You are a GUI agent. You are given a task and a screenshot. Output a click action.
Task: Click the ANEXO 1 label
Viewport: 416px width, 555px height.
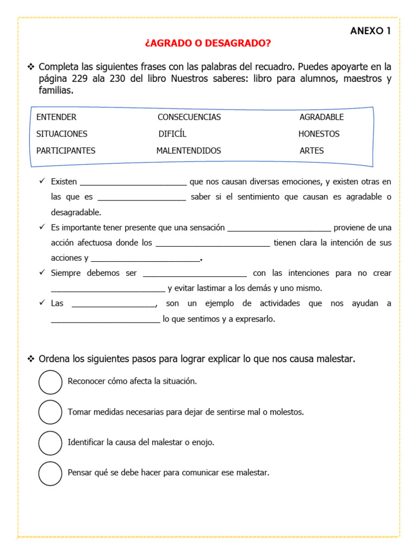[x=370, y=31]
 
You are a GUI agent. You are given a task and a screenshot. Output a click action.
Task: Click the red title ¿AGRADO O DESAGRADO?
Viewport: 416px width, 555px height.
[x=208, y=43]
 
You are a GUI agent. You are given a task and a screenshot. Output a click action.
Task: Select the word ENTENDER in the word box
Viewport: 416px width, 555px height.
[x=56, y=117]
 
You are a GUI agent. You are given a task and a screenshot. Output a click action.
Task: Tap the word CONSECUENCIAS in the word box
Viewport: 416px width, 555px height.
[x=189, y=117]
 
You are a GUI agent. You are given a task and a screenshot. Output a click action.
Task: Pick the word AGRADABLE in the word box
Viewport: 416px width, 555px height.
[x=322, y=117]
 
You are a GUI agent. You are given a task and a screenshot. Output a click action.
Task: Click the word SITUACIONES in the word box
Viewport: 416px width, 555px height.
[x=62, y=134]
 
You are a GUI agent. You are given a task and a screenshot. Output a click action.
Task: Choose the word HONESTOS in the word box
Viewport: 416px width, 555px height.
[x=319, y=134]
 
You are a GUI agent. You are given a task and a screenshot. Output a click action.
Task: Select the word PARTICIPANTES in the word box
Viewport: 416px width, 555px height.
[x=66, y=151]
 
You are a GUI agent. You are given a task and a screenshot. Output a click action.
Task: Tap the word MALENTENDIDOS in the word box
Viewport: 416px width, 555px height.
[x=188, y=151]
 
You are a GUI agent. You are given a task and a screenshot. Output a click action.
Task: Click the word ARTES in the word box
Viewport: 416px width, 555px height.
[x=311, y=151]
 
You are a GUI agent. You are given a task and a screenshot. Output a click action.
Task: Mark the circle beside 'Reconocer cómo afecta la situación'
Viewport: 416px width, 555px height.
[x=50, y=382]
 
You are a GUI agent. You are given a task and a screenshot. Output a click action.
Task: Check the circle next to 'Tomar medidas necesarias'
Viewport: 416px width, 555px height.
[x=50, y=412]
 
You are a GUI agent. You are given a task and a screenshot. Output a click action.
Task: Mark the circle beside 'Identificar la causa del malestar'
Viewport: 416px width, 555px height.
[x=50, y=443]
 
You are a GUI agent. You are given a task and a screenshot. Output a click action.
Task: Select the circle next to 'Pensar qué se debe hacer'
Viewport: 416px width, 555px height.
[x=50, y=473]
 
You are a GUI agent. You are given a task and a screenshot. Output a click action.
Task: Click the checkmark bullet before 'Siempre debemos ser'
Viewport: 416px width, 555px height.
[x=42, y=273]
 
